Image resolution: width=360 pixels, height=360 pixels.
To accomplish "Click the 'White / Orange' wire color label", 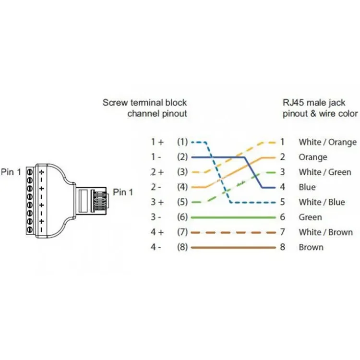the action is tap(328, 142).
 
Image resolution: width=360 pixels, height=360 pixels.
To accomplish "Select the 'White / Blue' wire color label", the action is tap(322, 202).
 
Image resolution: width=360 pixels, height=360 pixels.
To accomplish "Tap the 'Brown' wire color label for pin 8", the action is tap(311, 247).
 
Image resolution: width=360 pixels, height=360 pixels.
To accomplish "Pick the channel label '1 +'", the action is tap(157, 142).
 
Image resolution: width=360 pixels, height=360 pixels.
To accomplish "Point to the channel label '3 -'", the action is tap(156, 217).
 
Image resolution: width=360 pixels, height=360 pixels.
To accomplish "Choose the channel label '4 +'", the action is tap(157, 232).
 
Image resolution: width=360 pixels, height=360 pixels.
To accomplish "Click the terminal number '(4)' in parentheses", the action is tap(182, 187).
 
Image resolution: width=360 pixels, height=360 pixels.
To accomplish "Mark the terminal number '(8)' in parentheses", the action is tap(182, 247).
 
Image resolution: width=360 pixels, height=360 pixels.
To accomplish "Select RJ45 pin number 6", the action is tap(282, 217).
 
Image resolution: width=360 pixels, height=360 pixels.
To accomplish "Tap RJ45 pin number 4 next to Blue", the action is tap(282, 187).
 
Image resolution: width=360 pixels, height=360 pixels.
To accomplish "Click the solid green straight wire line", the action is tap(233, 217).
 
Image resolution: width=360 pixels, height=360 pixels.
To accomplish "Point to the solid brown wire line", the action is tap(233, 248).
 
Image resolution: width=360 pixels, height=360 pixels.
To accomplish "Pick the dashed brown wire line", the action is tap(233, 233).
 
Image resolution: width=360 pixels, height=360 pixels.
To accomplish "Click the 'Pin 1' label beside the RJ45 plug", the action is tap(123, 192).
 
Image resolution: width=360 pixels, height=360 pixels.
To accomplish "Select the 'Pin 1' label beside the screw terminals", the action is tap(11, 172).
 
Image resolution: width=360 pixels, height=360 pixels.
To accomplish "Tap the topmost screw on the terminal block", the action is tap(30, 172).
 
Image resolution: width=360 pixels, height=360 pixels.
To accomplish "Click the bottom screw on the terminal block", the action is tap(30, 229).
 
